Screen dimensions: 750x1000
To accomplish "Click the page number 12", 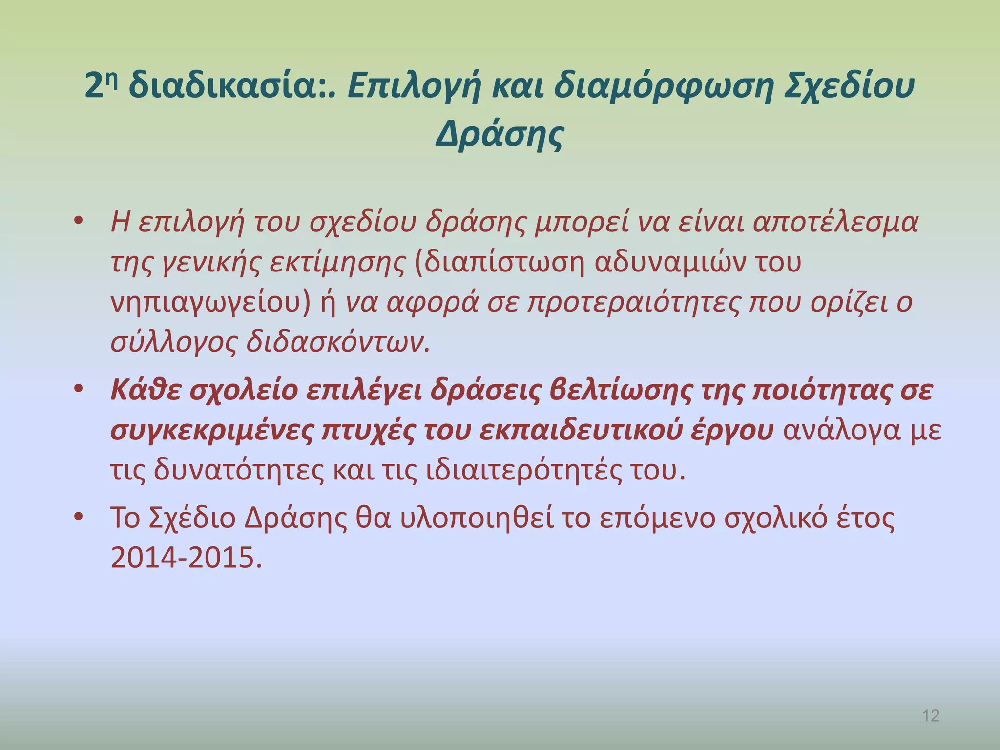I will (931, 716).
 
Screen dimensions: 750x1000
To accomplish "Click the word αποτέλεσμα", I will (835, 223).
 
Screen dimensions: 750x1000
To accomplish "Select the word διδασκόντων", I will (338, 342).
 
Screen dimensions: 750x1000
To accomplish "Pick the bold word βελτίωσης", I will (620, 390).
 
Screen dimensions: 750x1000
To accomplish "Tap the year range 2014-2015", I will (186, 558).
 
